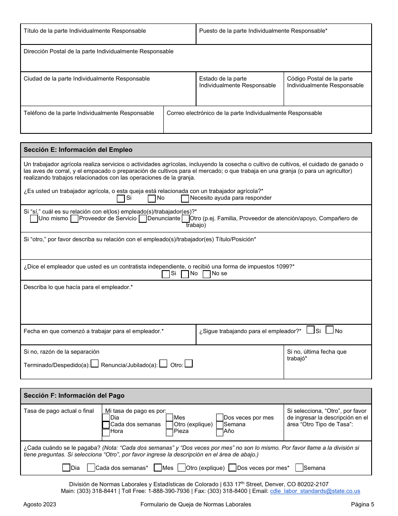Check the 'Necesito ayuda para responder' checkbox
pyautogui.click(x=185, y=198)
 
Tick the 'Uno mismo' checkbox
pyautogui.click(x=34, y=219)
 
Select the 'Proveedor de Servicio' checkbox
pyautogui.click(x=75, y=219)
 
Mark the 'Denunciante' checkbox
pyautogui.click(x=142, y=219)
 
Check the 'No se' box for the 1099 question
pyautogui.click(x=206, y=274)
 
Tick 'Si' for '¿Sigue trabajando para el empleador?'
pyautogui.click(x=310, y=330)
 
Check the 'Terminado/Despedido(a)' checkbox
pyautogui.click(x=95, y=364)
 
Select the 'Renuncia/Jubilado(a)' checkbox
pyautogui.click(x=163, y=364)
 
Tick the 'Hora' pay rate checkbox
pyautogui.click(x=106, y=432)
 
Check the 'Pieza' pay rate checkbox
pyautogui.click(x=170, y=432)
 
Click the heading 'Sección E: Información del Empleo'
pyautogui.click(x=78, y=150)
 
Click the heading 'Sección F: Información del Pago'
pyautogui.click(x=74, y=396)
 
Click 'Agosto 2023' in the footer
pyautogui.click(x=40, y=505)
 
